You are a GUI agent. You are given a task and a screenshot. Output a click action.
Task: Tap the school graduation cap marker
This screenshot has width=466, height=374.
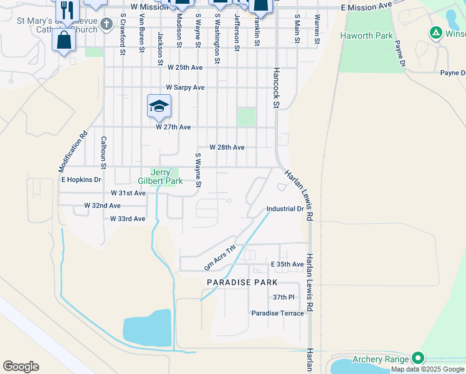(159, 106)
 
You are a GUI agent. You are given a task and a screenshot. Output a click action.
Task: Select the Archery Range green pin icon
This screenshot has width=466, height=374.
(418, 358)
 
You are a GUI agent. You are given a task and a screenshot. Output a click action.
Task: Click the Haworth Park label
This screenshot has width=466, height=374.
(366, 36)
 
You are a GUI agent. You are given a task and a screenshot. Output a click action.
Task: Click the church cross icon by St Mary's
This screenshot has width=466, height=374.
(107, 24)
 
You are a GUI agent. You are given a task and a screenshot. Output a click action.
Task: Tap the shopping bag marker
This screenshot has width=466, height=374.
(64, 41)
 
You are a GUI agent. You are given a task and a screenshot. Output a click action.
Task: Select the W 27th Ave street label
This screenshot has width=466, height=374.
(173, 127)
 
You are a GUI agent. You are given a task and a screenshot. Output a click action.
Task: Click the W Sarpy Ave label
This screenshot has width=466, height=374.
(185, 88)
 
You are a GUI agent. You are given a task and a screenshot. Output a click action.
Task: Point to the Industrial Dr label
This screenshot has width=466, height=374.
(285, 209)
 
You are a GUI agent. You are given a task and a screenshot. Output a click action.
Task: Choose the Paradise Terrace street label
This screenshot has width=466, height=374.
(278, 313)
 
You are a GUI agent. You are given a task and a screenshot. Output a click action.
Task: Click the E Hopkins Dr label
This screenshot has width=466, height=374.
(81, 180)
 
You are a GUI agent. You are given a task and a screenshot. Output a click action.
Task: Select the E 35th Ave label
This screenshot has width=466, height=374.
(287, 264)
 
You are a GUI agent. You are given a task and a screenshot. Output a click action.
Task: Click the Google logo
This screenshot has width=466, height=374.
(21, 366)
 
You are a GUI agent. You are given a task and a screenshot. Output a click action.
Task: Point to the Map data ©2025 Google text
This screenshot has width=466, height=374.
(427, 370)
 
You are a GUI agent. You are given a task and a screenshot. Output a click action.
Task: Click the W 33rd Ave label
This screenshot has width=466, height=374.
(128, 219)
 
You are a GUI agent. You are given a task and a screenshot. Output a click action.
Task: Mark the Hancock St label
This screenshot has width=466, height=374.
(274, 87)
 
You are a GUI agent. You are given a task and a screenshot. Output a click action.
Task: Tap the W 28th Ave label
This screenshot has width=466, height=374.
(227, 147)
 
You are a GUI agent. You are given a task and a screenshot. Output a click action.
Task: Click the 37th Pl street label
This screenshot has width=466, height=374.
(283, 297)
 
